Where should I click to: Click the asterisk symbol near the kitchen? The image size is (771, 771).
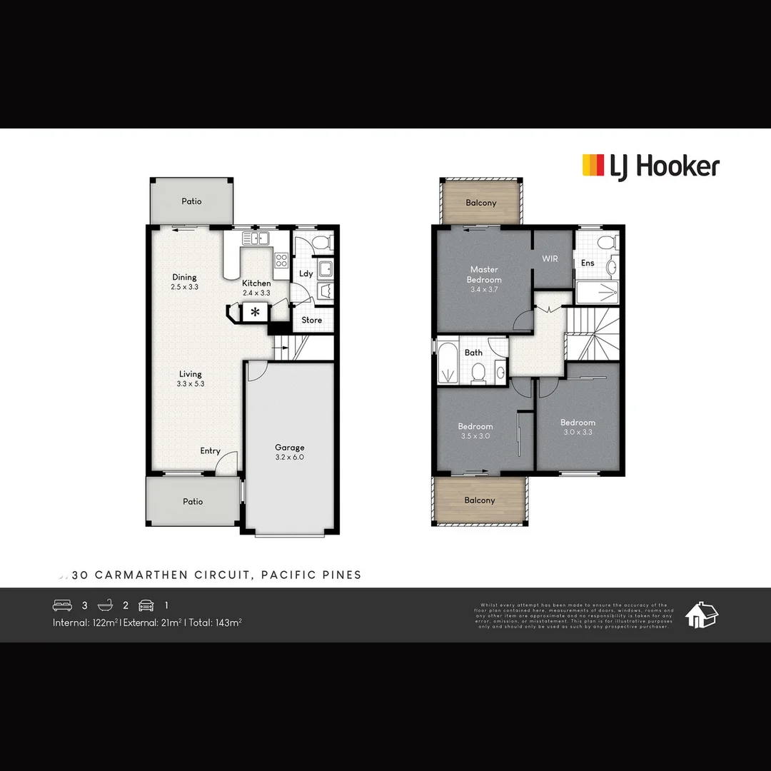coord(255,311)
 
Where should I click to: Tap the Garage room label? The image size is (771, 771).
coord(289,448)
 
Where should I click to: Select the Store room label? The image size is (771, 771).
coord(312,320)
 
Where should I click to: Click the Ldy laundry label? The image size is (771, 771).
coord(306,273)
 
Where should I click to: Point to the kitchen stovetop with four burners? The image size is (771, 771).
coord(281,261)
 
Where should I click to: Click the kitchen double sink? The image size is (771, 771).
coord(255,238)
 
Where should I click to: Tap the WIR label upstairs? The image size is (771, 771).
coord(550,258)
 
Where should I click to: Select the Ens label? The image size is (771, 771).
coord(588,263)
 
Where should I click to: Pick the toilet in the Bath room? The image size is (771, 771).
coord(478,372)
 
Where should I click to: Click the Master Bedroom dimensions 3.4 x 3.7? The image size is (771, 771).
coord(483,289)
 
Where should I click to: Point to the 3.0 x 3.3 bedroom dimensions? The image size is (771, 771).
coord(578,432)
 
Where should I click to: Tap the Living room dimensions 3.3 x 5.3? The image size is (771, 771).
coord(191,384)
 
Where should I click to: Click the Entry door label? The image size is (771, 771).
coord(210,450)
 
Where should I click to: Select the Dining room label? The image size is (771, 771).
coord(184,277)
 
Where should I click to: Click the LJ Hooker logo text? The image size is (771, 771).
coord(664,167)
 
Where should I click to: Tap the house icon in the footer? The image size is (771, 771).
coord(701,615)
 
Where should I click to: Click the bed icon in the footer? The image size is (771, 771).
coord(62,605)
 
